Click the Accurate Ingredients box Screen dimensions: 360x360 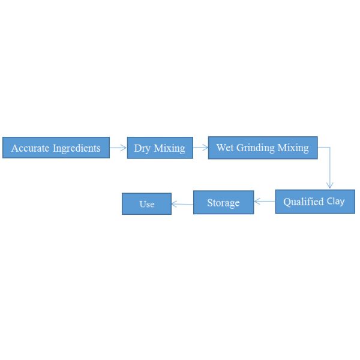pos(56,148)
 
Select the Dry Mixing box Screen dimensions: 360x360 pos(160,148)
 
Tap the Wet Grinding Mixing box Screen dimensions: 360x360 pos(262,148)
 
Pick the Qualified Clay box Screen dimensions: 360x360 pos(314,202)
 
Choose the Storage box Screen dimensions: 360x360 pos(223,203)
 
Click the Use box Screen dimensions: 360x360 pos(146,204)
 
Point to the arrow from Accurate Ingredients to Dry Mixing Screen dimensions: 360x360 pos(118,147)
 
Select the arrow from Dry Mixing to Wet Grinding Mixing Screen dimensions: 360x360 pos(200,147)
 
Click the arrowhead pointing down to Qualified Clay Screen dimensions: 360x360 pos(329,185)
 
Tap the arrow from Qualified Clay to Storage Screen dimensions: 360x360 pos(265,202)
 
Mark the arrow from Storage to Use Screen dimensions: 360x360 pos(182,204)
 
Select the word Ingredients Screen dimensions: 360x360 pos(76,148)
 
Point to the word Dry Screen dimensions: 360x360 pos(142,148)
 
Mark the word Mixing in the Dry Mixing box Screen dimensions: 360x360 pos(169,148)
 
